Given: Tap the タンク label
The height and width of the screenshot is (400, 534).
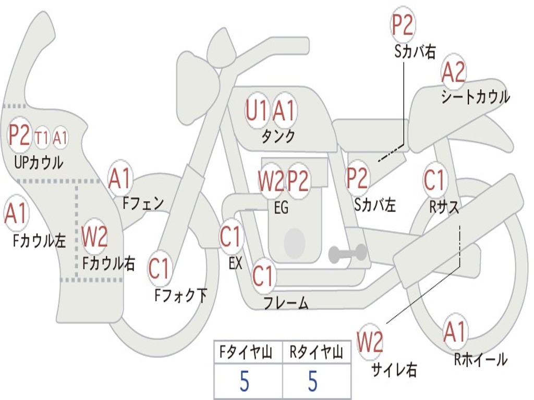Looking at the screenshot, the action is (x=278, y=136).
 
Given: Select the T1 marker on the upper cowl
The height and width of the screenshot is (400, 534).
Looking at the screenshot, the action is (x=42, y=138).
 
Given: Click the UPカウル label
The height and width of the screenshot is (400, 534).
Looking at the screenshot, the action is (x=39, y=162).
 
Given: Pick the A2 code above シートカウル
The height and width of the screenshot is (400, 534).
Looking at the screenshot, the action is (x=453, y=72).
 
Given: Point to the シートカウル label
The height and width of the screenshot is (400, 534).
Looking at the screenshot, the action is (x=476, y=97).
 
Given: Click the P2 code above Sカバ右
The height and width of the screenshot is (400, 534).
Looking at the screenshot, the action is (x=402, y=25).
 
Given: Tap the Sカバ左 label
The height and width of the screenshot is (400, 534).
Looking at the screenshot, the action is (x=374, y=205).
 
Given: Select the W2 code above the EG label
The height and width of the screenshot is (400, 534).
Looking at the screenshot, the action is (x=271, y=181).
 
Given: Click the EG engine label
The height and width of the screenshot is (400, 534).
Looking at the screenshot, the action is (x=281, y=207).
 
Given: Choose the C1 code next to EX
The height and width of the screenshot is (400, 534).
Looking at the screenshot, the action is (x=232, y=236).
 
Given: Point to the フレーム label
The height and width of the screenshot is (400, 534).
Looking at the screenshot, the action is (x=286, y=303).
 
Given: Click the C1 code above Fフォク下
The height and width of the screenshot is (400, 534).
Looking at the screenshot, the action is (x=159, y=269).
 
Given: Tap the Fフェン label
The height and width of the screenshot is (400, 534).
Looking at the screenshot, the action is (x=143, y=204).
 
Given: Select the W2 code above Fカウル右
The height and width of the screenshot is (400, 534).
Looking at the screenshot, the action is (x=94, y=236).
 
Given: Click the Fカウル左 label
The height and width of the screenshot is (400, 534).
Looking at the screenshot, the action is (x=39, y=241).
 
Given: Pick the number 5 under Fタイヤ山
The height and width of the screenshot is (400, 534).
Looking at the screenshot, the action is (x=244, y=381).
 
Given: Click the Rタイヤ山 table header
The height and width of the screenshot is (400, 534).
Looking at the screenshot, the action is (x=316, y=353).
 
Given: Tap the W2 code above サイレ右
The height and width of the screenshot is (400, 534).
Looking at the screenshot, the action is (x=370, y=342).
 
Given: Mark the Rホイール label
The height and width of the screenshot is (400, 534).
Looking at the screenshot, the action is (x=481, y=359).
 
